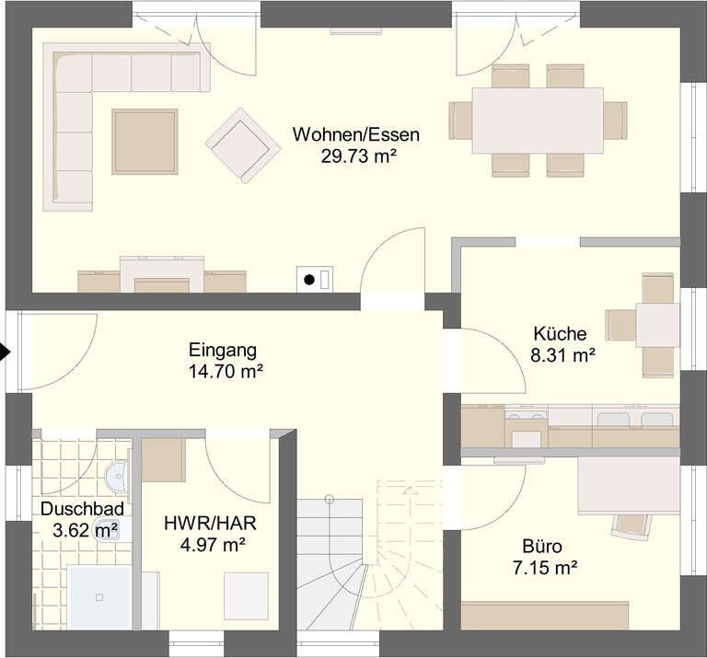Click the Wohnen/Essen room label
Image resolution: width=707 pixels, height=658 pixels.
click(355, 134)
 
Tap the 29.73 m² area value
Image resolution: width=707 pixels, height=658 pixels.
click(358, 156)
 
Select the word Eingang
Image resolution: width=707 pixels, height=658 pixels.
click(223, 351)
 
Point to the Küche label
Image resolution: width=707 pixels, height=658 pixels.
click(560, 333)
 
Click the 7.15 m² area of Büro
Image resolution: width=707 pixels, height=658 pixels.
click(545, 568)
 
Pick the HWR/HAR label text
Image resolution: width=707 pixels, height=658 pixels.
click(210, 524)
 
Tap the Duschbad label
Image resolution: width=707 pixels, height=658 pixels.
click(82, 509)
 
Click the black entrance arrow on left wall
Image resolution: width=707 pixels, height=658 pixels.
click(5, 352)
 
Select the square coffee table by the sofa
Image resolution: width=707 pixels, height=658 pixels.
click(145, 141)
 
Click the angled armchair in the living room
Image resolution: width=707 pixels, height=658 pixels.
click(243, 145)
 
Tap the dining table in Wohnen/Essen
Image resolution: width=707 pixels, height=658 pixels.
click(538, 121)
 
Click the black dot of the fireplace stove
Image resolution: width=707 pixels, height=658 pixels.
click(309, 280)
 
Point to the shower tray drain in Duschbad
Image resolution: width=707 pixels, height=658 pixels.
click(99, 597)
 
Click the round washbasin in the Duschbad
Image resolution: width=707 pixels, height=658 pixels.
click(117, 476)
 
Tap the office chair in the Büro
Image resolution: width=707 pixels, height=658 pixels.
click(632, 526)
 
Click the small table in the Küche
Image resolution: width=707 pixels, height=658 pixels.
click(657, 325)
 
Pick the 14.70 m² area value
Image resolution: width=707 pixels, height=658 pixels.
click(226, 372)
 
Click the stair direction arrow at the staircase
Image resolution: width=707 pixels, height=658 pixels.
click(410, 491)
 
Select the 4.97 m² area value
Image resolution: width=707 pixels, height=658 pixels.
click(213, 545)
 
